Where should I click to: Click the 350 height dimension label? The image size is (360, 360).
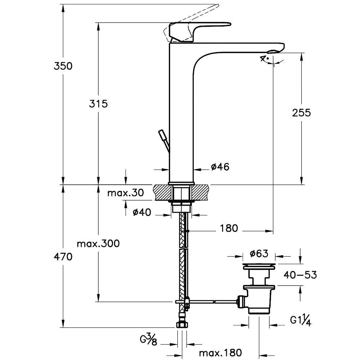(63, 66)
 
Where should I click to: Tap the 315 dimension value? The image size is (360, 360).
(98, 104)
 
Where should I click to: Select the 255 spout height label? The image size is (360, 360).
(301, 113)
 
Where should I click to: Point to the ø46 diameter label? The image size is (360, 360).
(220, 167)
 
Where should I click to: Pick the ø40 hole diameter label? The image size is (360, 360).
(141, 212)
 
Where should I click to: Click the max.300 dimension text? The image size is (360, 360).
(98, 244)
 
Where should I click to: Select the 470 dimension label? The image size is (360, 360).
(63, 257)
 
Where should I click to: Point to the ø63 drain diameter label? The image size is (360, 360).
(259, 253)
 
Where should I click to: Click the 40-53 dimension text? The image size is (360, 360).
(300, 275)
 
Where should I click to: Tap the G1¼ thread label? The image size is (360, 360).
(300, 319)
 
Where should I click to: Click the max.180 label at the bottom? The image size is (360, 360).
(220, 352)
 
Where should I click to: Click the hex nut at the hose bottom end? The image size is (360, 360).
(181, 325)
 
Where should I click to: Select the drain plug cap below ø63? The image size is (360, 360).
(259, 266)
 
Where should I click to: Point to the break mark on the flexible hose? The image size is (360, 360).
(184, 249)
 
